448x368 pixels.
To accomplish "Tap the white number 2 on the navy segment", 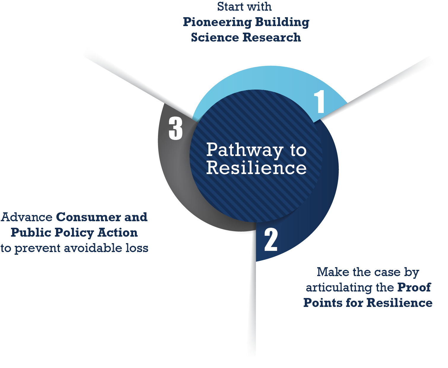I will tap(271, 240).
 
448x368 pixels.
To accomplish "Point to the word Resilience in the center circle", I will tap(256, 168).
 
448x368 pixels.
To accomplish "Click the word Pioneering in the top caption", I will tap(217, 23).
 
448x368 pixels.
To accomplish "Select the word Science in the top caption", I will tap(215, 38).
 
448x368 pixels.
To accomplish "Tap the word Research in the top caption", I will tap(272, 38).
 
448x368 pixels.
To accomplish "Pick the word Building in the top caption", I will tap(282, 23).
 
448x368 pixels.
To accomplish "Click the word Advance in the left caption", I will tap(27, 217).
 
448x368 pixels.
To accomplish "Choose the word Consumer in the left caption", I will tap(88, 217).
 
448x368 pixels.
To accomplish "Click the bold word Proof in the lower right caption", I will tap(414, 287).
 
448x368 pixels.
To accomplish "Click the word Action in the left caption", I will tap(117, 232).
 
